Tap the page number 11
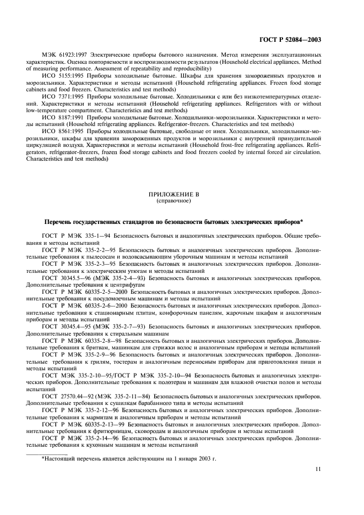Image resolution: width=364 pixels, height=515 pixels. (318, 469)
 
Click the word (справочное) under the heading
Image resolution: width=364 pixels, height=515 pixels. (173, 201)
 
